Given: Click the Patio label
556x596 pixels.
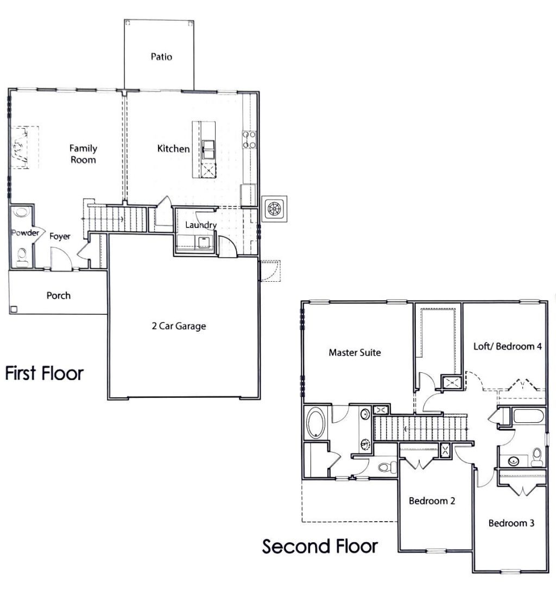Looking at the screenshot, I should pos(161,56).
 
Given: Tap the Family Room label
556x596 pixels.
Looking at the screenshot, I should pos(83,154).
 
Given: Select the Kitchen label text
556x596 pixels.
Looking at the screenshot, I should pos(173,149).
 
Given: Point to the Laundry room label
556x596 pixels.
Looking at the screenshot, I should pos(201,225).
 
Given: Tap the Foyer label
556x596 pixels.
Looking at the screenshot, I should pos(60,237).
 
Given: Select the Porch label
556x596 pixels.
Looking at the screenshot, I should pos(58,296).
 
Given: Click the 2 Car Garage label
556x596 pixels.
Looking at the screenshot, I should pos(179,327).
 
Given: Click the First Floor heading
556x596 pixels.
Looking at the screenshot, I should pos(45,373).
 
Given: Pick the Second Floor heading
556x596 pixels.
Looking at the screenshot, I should pos(320,546).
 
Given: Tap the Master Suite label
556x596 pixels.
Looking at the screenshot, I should pos(355,353).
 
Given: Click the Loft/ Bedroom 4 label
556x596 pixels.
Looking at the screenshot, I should pos(508,346).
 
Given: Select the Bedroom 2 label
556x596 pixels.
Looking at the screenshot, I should pos(432,500).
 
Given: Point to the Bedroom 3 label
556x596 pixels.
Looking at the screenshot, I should pos(511,523).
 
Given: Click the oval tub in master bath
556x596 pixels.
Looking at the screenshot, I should pos(315,423).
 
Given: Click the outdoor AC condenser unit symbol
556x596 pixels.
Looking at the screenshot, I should pos(275,208).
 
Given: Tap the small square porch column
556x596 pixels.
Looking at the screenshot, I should pos(14,309).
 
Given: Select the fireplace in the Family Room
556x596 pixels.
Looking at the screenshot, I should pos(21,148).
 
